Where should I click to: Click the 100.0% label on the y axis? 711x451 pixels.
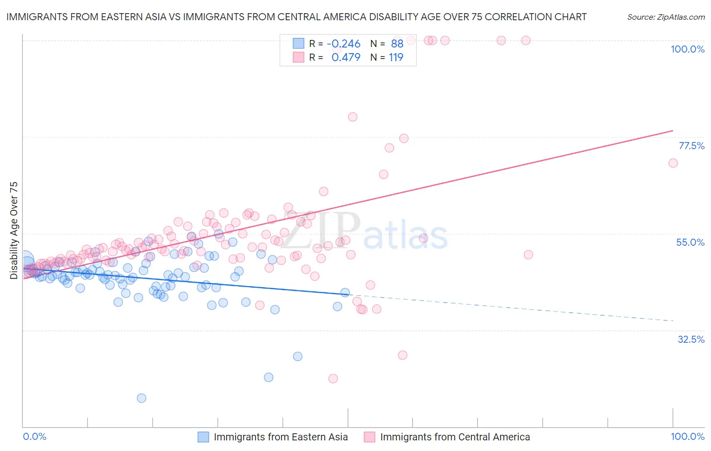coord(687,49)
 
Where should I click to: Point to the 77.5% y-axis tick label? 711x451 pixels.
coord(691,146)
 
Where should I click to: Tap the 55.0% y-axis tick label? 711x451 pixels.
coord(690,242)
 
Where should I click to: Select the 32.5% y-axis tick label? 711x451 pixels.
coord(691,339)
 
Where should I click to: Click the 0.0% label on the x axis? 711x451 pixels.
coord(35,437)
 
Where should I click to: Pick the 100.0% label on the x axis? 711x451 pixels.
coord(687,437)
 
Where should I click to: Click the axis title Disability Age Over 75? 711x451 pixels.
coord(14,231)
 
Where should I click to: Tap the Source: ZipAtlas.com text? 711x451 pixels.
coord(665,17)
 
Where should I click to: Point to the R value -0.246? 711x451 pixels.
coord(343,44)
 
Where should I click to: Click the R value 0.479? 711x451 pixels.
coord(346,58)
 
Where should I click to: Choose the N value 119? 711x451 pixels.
coord(396,58)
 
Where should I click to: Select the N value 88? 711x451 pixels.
coord(397,44)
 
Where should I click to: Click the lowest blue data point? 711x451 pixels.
coord(142,398)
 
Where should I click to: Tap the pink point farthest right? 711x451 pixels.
coord(673,163)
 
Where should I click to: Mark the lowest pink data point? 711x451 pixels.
coord(333,379)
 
